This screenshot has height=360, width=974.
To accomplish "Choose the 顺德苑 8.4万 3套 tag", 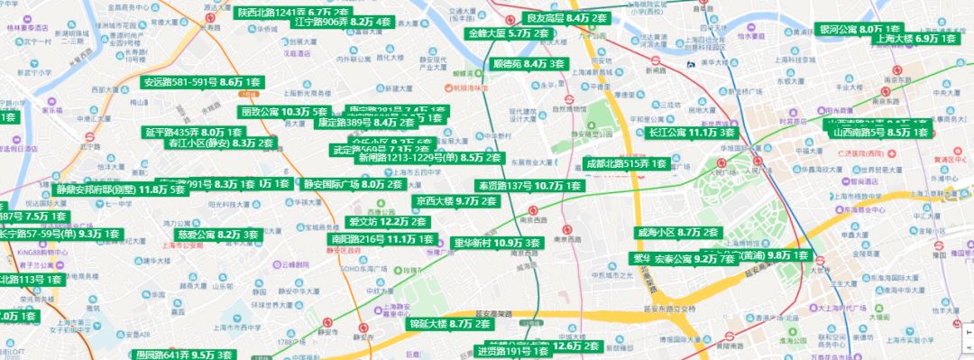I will (x=528, y=64).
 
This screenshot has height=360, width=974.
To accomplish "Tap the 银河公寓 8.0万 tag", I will (x=859, y=29).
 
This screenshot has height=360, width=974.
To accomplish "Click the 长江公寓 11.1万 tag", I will (x=692, y=133).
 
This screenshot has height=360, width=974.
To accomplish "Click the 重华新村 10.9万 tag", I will (x=497, y=243).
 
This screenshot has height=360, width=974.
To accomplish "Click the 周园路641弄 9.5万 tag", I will (x=185, y=355).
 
